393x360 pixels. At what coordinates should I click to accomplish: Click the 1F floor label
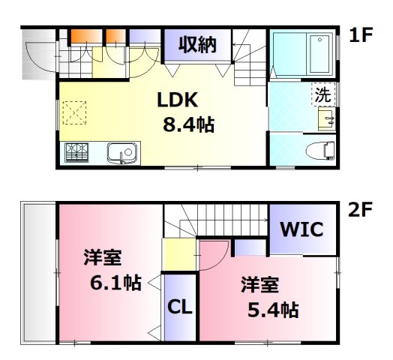point(361,35)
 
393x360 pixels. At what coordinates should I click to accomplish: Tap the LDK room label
point(178,100)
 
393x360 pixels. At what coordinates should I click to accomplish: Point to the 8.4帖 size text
point(188,124)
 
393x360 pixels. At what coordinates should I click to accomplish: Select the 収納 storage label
point(197,44)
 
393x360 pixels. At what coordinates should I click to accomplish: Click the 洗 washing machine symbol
point(321,95)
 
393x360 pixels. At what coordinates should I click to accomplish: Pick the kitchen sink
point(121,154)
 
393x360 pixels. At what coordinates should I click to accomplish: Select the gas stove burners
point(77,153)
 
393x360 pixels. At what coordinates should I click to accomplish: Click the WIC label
point(302,229)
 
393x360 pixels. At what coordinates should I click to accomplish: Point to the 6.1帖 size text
point(112,283)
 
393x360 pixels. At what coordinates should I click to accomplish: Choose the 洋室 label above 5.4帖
point(260,284)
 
